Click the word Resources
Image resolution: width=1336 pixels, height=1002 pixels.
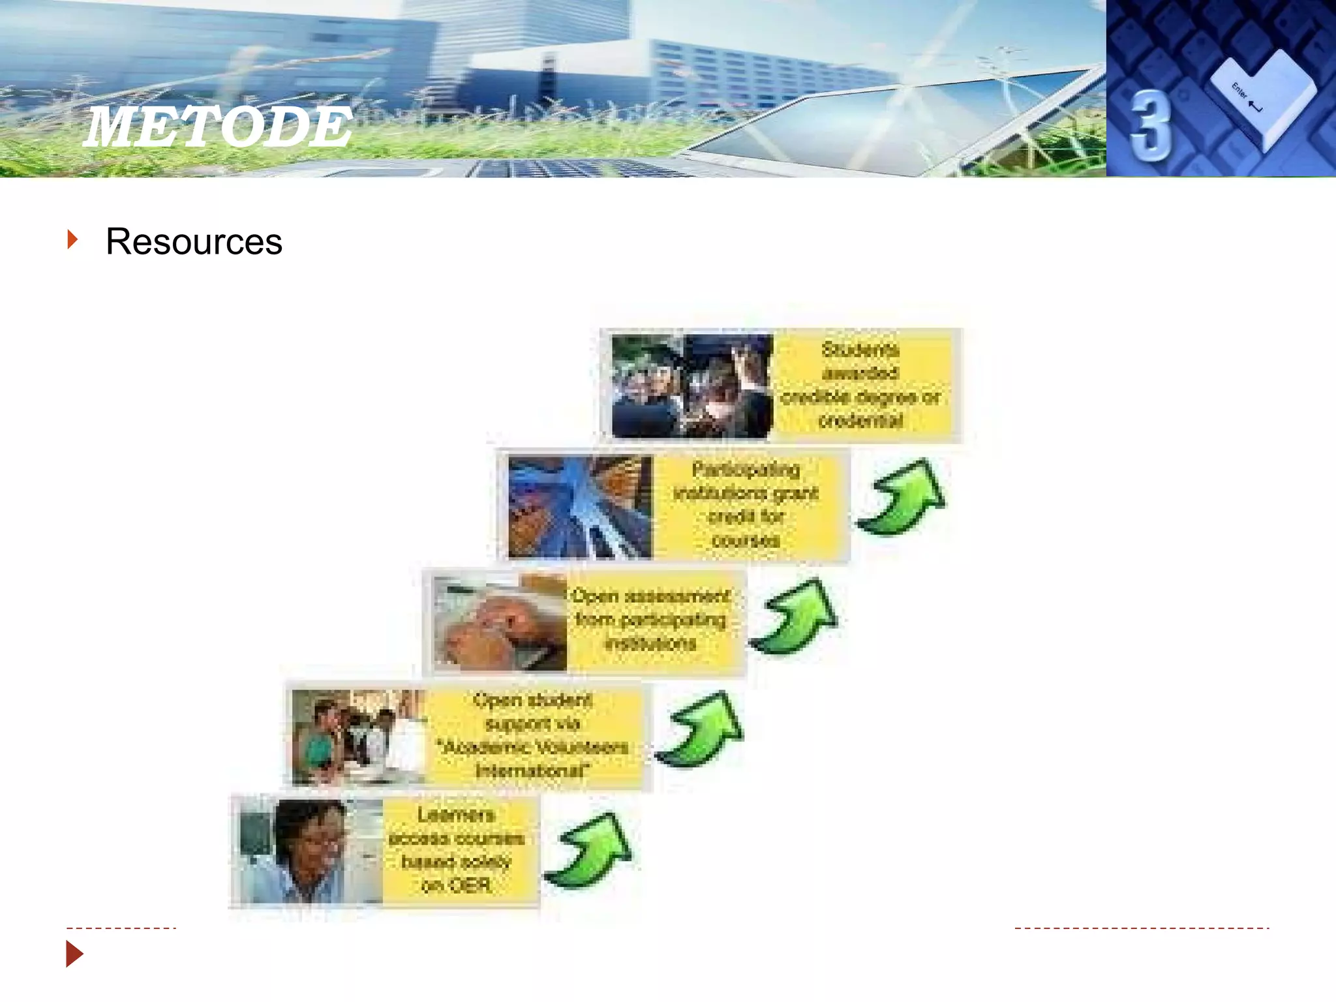click(194, 242)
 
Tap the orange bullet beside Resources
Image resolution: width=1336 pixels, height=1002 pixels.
click(72, 239)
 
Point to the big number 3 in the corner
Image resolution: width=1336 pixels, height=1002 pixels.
click(1150, 125)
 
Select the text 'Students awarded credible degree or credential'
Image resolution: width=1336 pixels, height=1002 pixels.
click(860, 385)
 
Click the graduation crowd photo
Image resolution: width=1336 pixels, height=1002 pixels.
click(691, 386)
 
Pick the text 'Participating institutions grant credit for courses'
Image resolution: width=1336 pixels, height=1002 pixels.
click(746, 504)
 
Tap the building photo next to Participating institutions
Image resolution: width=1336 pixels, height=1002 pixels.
click(579, 507)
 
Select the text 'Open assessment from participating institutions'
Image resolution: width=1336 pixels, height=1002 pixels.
click(650, 620)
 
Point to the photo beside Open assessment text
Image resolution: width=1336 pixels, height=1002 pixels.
click(500, 622)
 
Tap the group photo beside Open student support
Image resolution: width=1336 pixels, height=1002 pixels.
click(357, 736)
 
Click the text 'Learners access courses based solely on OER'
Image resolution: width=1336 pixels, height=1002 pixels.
click(457, 850)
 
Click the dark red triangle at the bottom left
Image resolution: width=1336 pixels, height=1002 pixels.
click(74, 954)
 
